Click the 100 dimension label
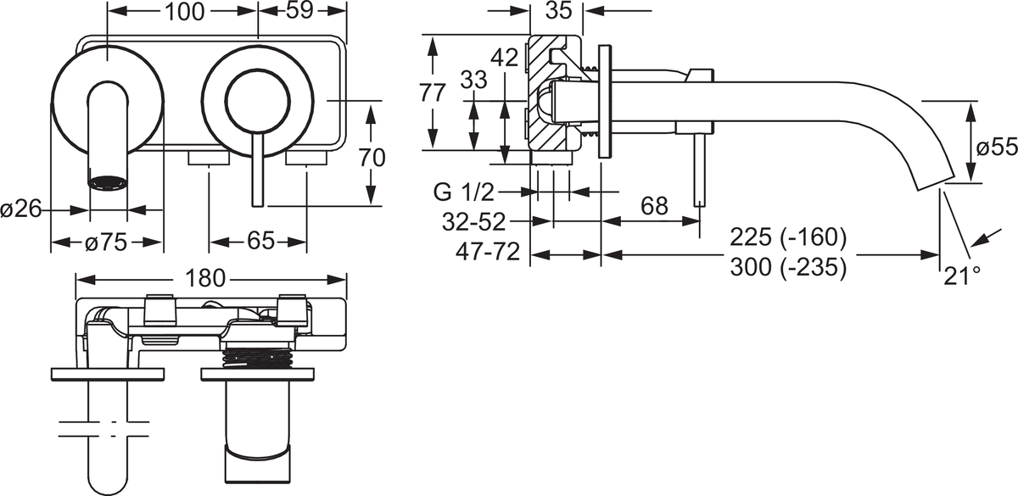tap(185, 12)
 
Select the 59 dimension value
tap(300, 10)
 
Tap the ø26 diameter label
tap(21, 209)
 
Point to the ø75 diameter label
tap(106, 242)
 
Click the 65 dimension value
tap(261, 241)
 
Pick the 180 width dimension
tap(205, 278)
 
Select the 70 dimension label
tap(372, 158)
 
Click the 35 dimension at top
tap(558, 10)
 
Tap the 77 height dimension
tap(432, 93)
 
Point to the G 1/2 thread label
tap(463, 192)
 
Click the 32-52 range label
tap(474, 221)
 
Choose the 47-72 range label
tap(488, 252)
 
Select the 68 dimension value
tap(654, 206)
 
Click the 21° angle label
tap(962, 276)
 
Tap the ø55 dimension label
tap(997, 148)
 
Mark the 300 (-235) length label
tap(788, 267)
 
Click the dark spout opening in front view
tap(107, 182)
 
